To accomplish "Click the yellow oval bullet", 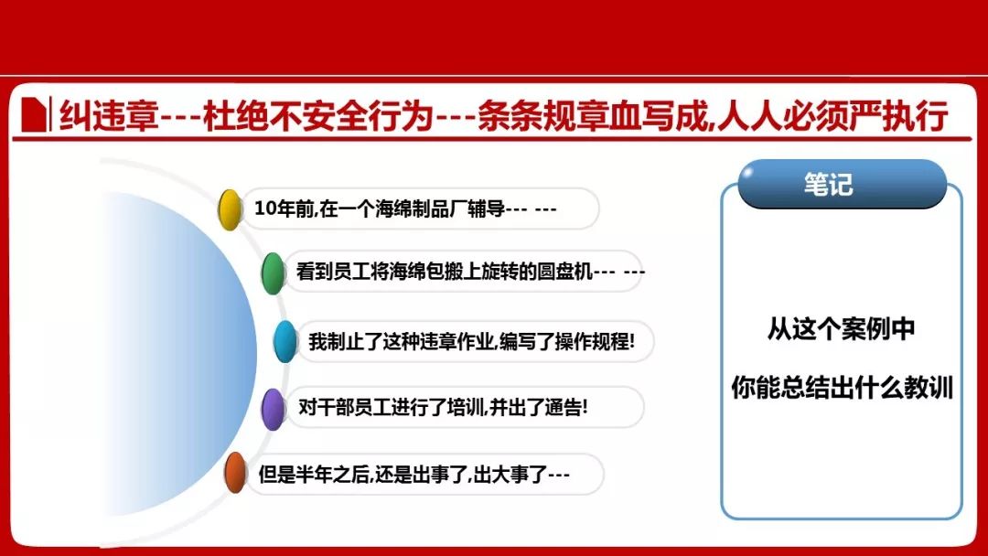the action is (x=230, y=209).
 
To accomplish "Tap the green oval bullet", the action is (x=273, y=273).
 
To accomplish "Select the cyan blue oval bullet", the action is (x=285, y=341).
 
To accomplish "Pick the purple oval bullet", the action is (x=273, y=410).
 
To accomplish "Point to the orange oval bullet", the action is (x=235, y=472).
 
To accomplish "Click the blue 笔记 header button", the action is (x=842, y=184).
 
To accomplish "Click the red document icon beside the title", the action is (x=34, y=114).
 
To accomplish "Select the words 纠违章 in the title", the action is (x=109, y=116).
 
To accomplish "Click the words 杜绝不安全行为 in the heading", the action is (x=319, y=116).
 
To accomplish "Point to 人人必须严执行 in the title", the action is (x=833, y=116).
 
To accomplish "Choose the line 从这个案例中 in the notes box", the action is (x=842, y=328).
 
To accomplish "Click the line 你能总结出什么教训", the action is (x=842, y=387).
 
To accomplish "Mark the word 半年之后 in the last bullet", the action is (x=332, y=474).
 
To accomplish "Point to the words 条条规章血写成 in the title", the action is (x=594, y=116).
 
